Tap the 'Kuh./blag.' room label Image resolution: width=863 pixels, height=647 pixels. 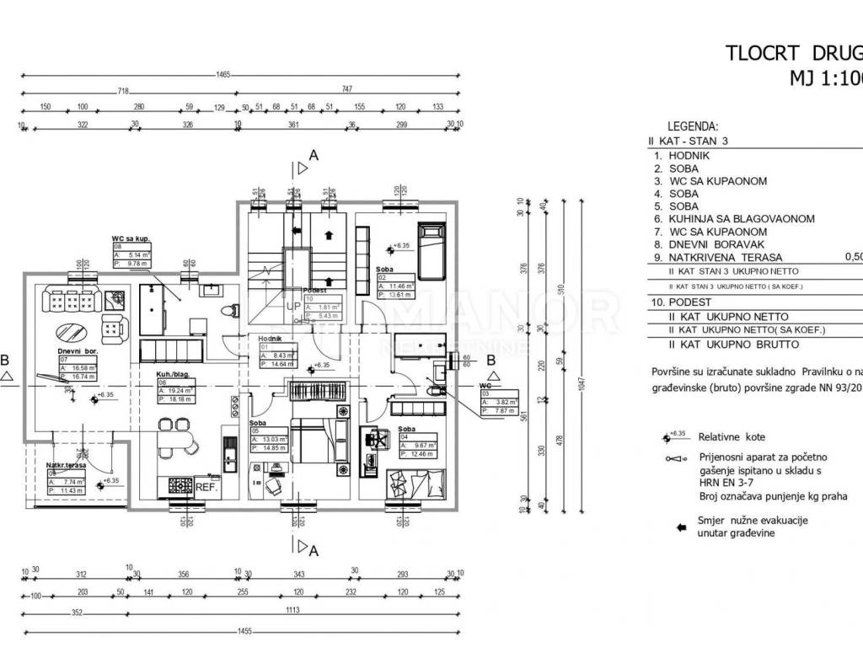[x=173, y=372]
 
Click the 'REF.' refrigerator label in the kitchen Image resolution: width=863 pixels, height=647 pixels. [x=207, y=486]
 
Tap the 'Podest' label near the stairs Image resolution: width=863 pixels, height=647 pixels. [x=314, y=290]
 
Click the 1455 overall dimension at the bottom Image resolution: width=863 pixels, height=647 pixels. [x=244, y=629]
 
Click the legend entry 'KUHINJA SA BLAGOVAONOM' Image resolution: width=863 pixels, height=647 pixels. [x=742, y=219]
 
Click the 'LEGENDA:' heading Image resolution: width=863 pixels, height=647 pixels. [x=692, y=126]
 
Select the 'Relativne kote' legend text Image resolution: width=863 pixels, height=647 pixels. [x=732, y=437]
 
